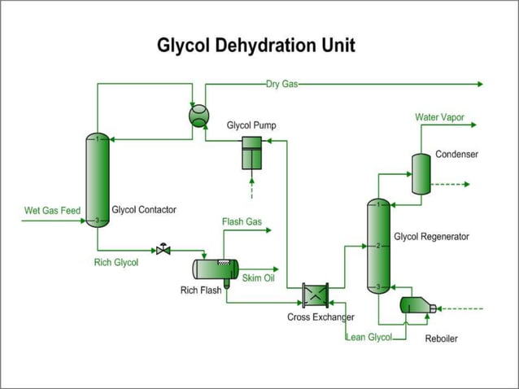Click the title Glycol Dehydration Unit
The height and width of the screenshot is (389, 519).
tap(256, 45)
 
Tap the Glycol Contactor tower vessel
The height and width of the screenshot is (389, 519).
tap(97, 180)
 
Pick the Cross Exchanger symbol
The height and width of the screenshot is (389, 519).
tap(314, 294)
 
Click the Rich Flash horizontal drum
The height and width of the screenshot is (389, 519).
tap(215, 269)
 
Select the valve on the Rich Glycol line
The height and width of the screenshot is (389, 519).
tap(164, 249)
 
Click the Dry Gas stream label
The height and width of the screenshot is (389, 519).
tap(281, 84)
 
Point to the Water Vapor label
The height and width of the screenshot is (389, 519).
tap(439, 118)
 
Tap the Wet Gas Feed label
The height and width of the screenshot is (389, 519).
tap(52, 211)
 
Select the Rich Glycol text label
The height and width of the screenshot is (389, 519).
tap(116, 262)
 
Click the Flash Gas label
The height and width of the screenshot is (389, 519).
tap(242, 221)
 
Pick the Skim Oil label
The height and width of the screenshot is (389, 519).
tap(258, 278)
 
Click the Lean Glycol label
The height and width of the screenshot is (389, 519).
tap(369, 337)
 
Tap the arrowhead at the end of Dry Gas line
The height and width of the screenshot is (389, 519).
tap(480, 84)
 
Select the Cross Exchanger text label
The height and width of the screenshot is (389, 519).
tap(320, 317)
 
